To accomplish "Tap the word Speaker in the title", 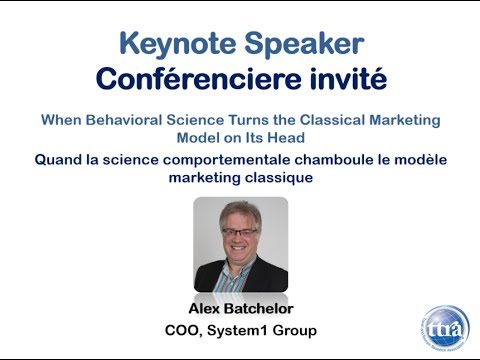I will click(x=300, y=44).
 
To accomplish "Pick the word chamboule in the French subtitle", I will click(x=329, y=159).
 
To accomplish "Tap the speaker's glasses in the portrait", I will click(x=240, y=232).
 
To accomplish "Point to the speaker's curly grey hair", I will click(x=239, y=211).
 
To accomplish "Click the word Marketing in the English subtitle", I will click(x=404, y=120).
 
